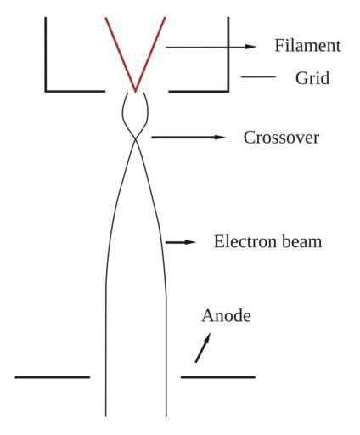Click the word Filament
pyautogui.click(x=307, y=45)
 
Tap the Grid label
pyautogui.click(x=312, y=77)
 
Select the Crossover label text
pyautogui.click(x=281, y=138)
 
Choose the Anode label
pyautogui.click(x=226, y=315)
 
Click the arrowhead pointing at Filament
pyautogui.click(x=250, y=47)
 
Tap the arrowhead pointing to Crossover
pyautogui.click(x=220, y=138)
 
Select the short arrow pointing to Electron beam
pyautogui.click(x=181, y=242)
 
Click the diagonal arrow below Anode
pyautogui.click(x=203, y=347)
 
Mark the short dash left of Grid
pyautogui.click(x=258, y=76)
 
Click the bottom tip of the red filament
pyautogui.click(x=135, y=92)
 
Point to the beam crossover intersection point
pyautogui.click(x=136, y=139)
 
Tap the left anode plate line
pyautogui.click(x=53, y=377)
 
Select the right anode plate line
pyautogui.click(x=218, y=377)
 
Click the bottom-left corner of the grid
pyautogui.click(x=46, y=91)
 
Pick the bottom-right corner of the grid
pyautogui.click(x=228, y=91)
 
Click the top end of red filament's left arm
pyautogui.click(x=106, y=18)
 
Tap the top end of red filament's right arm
pyautogui.click(x=165, y=18)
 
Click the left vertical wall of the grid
pyautogui.click(x=46, y=54)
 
